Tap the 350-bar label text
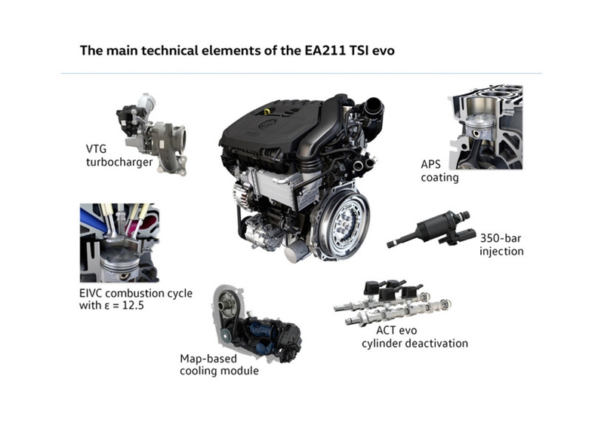[501, 237]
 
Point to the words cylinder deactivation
[423, 344]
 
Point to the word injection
[501, 252]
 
